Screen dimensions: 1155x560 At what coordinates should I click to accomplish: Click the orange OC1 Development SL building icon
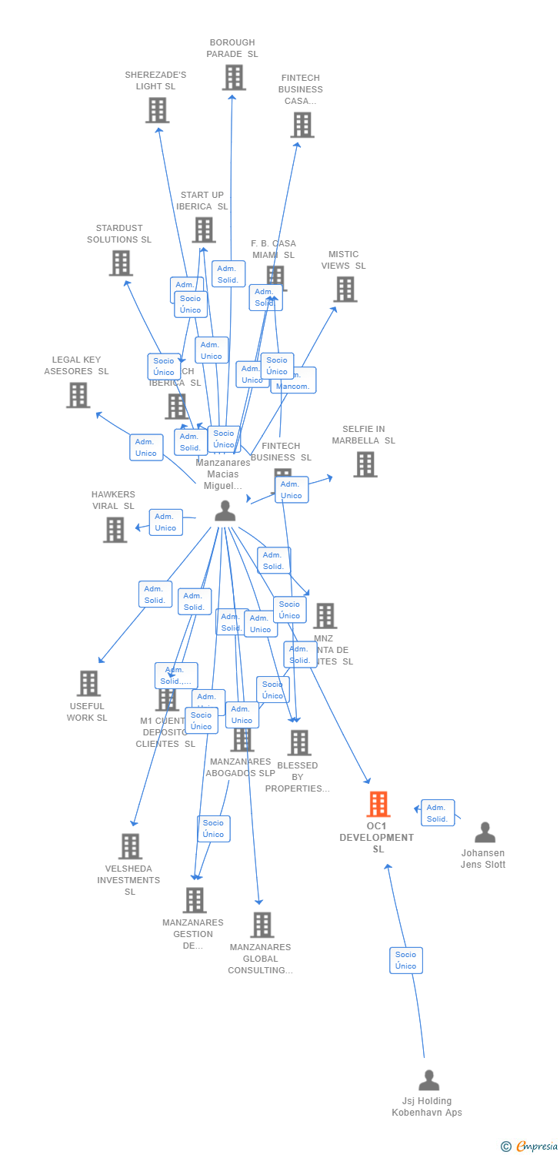pyautogui.click(x=378, y=804)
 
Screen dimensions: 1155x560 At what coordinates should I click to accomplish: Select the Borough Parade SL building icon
pyautogui.click(x=234, y=78)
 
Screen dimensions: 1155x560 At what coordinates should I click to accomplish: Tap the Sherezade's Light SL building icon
pyautogui.click(x=157, y=110)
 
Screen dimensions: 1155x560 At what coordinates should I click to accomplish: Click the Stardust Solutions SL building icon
pyautogui.click(x=121, y=263)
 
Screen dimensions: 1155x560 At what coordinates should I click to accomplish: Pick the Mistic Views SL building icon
pyautogui.click(x=345, y=290)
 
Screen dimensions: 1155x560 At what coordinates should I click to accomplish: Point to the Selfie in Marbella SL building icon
pyautogui.click(x=365, y=464)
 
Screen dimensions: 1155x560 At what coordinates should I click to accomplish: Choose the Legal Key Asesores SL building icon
pyautogui.click(x=78, y=395)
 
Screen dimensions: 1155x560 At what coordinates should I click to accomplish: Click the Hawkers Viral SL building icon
pyautogui.click(x=115, y=530)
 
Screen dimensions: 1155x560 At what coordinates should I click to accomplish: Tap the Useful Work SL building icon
pyautogui.click(x=88, y=683)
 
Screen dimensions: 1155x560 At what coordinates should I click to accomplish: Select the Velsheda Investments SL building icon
pyautogui.click(x=130, y=846)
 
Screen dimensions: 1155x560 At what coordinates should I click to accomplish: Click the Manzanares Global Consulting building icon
pyautogui.click(x=262, y=925)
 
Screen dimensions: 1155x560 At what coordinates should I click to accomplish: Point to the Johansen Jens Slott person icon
pyautogui.click(x=485, y=832)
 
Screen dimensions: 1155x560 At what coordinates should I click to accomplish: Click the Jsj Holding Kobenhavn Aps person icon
pyautogui.click(x=428, y=1080)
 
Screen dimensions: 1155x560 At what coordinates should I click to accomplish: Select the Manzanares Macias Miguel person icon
pyautogui.click(x=225, y=511)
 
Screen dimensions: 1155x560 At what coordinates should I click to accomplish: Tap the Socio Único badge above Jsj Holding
pyautogui.click(x=405, y=960)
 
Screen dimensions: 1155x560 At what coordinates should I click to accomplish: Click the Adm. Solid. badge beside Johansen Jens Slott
pyautogui.click(x=438, y=813)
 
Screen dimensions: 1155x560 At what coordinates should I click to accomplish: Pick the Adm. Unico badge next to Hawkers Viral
pyautogui.click(x=165, y=522)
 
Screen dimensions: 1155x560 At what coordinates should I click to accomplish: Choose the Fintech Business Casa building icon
pyautogui.click(x=302, y=125)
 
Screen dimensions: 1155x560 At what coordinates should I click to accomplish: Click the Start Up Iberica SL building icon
pyautogui.click(x=203, y=229)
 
